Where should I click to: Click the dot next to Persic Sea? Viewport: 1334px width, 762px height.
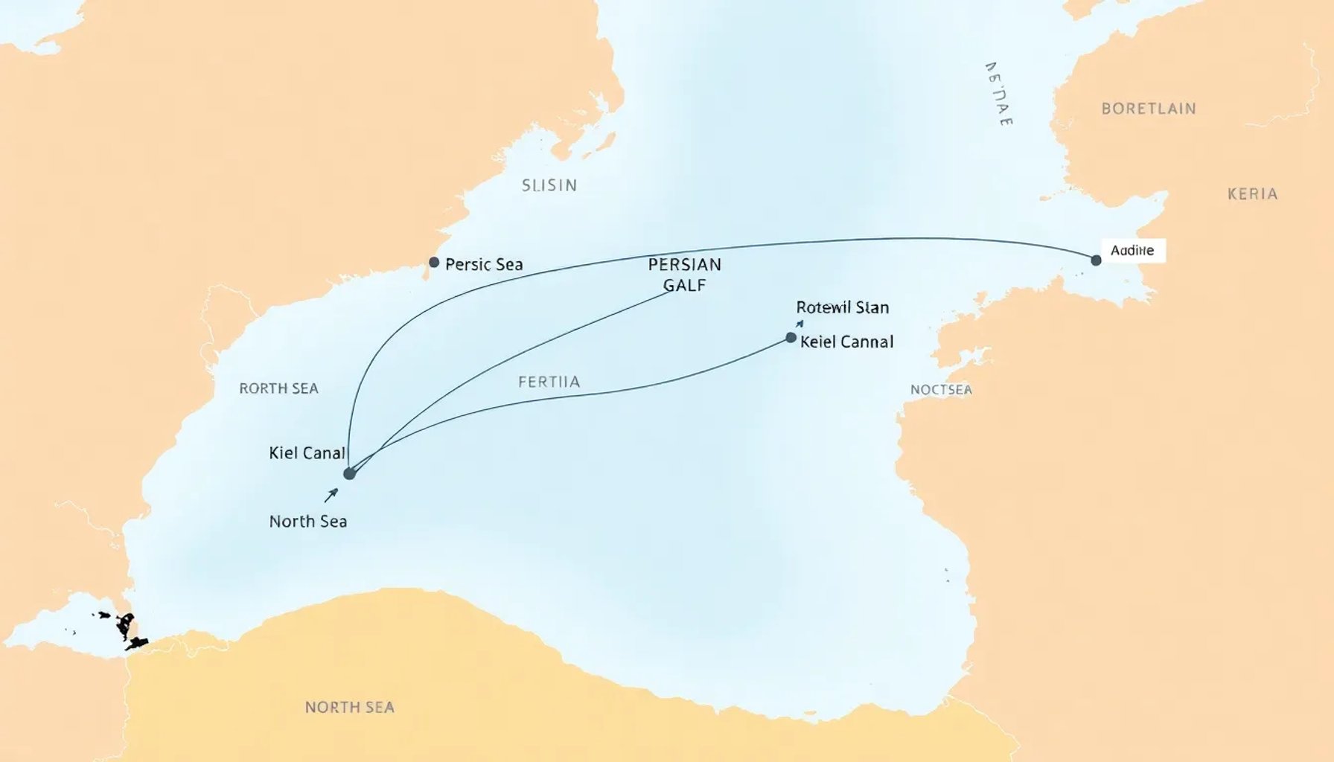point(434,263)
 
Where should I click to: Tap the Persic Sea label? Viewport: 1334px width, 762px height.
point(484,264)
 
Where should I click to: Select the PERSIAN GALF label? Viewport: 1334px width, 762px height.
point(684,275)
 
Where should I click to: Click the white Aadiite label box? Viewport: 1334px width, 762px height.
point(1132,251)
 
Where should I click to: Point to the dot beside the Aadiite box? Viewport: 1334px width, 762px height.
point(1096,260)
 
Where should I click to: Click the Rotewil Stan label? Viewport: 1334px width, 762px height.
point(842,307)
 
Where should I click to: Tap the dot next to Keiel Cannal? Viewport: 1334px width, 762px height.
point(791,338)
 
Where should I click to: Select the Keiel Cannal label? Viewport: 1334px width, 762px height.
point(846,342)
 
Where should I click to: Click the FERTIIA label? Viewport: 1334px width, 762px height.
point(549,382)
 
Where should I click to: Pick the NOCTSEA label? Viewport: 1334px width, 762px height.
point(941,390)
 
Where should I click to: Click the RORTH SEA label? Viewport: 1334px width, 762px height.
point(278,388)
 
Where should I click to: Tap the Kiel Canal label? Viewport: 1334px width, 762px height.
point(307,453)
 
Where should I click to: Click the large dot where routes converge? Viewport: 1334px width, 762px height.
point(349,474)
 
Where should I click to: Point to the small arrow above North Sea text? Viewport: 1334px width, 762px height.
point(331,495)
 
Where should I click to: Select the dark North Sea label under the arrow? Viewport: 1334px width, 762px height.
point(308,522)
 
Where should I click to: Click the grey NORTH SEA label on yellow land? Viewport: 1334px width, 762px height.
point(349,707)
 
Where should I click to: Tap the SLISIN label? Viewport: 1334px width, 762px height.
point(549,185)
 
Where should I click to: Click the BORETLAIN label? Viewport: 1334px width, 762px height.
point(1149,109)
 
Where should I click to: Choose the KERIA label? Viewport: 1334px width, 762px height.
point(1252,194)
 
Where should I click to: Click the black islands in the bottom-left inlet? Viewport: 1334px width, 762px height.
point(127,629)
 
